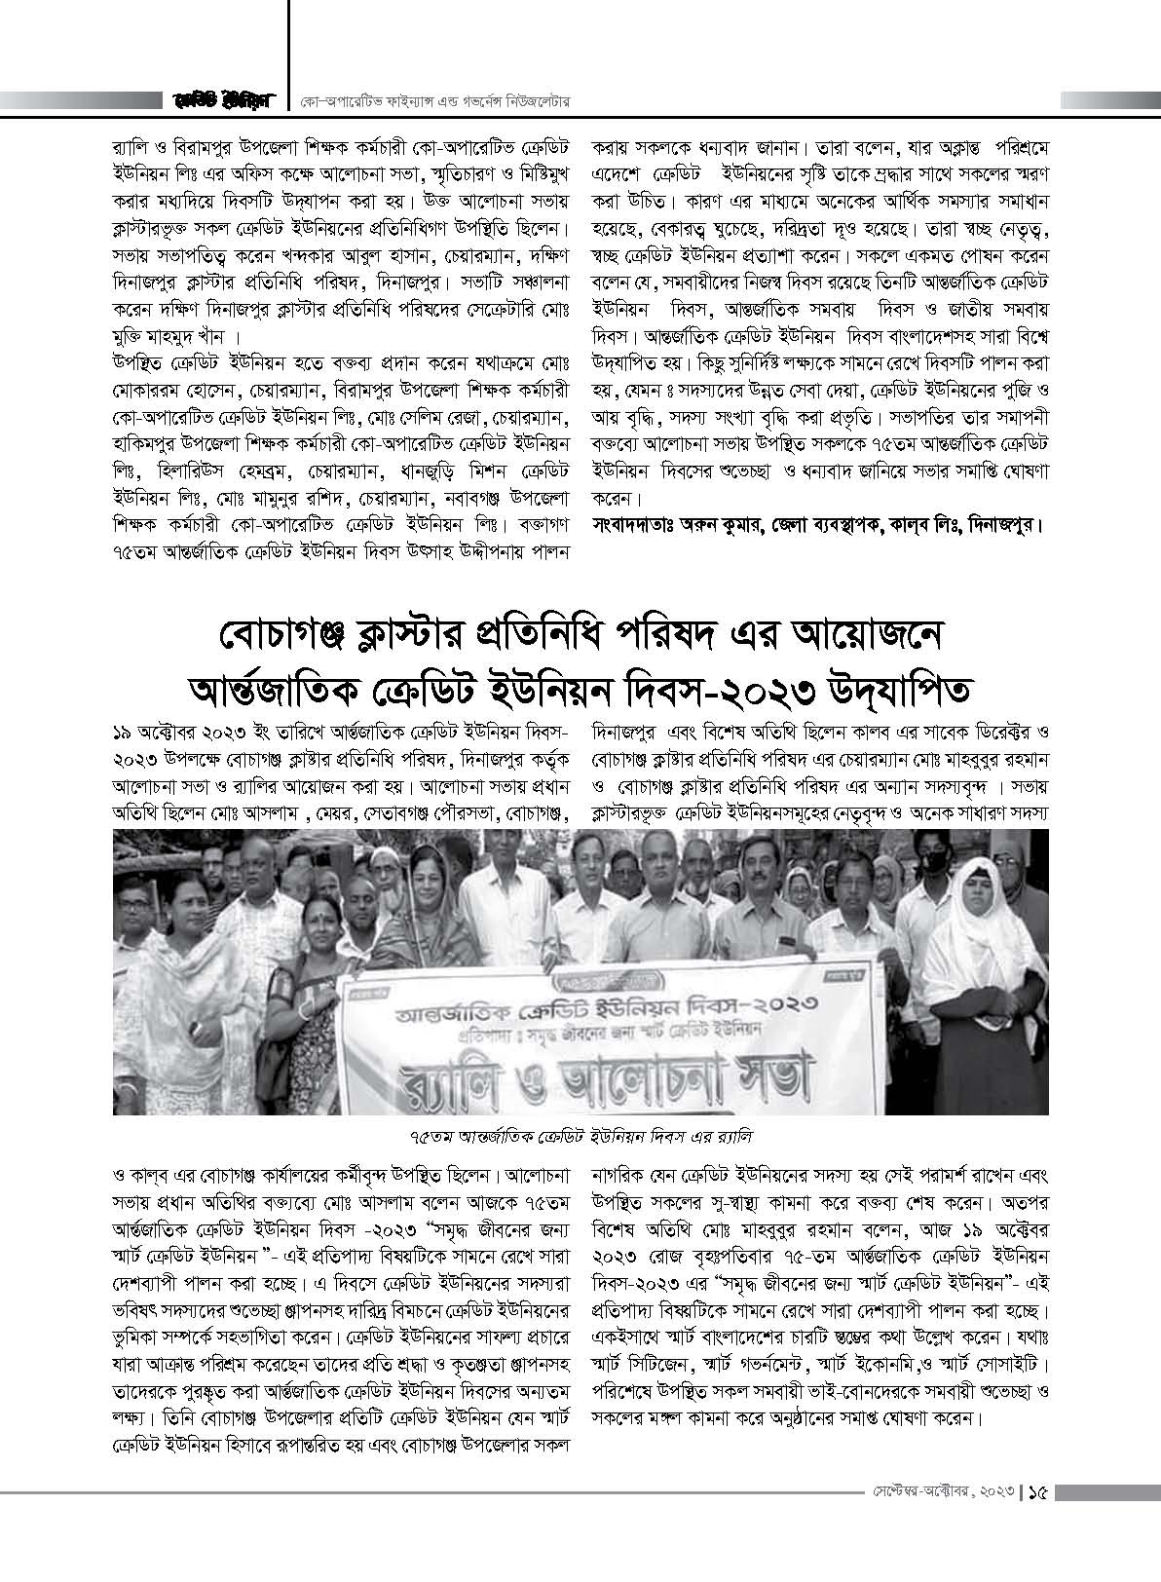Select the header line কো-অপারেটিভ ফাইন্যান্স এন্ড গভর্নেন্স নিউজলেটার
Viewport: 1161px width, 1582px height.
pos(441,101)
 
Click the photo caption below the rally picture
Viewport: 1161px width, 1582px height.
pos(581,1137)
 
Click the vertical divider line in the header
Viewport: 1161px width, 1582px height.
pos(290,54)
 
